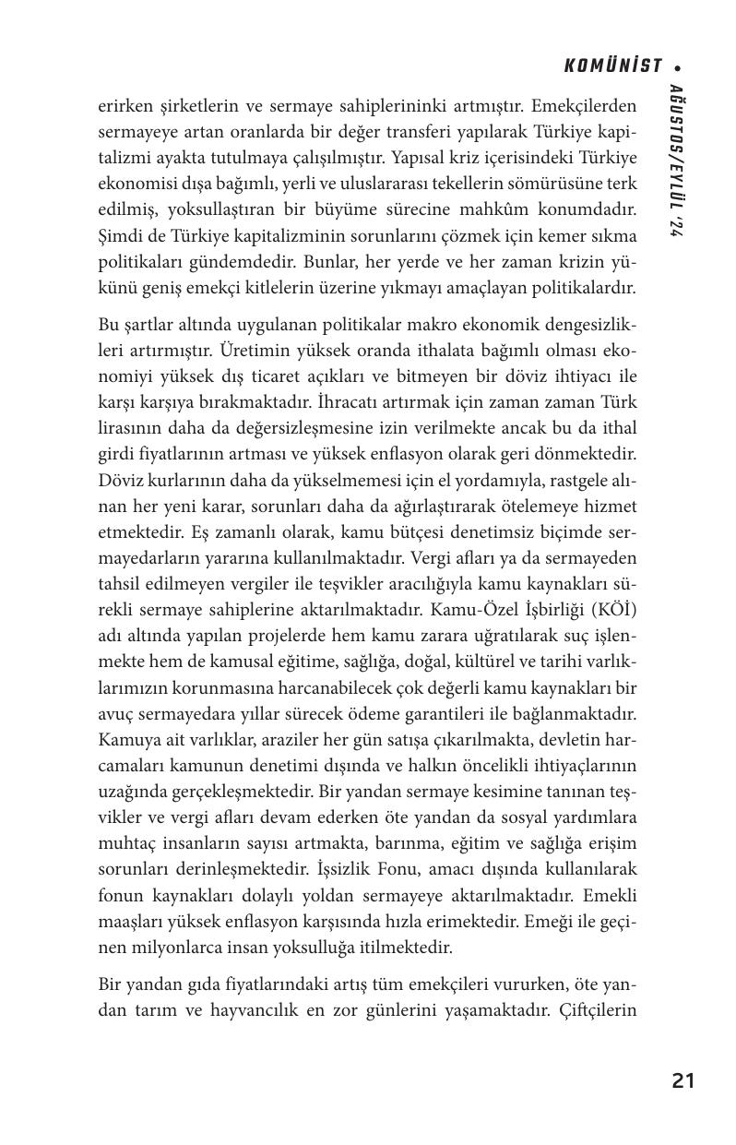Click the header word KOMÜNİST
[x=613, y=66]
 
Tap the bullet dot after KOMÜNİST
[x=679, y=66]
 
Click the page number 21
[x=683, y=1080]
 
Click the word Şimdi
[x=120, y=236]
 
